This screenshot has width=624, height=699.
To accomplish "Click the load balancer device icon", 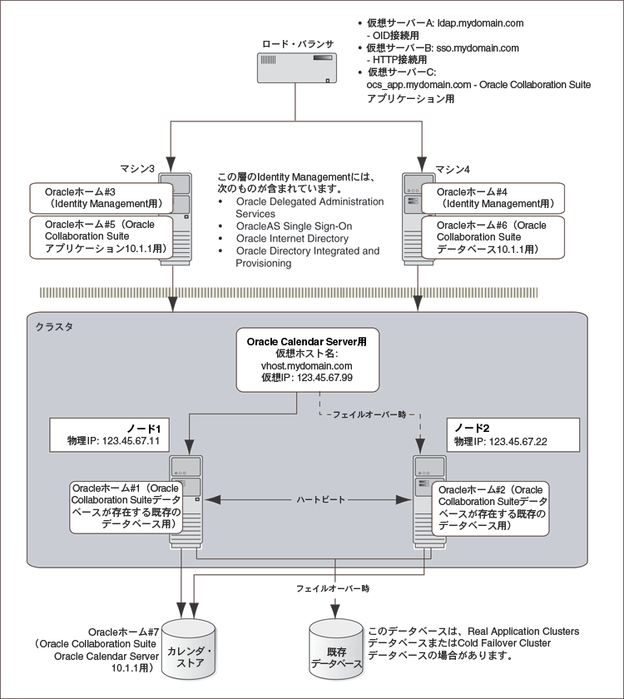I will pos(295,68).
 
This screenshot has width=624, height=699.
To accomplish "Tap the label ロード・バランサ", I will pos(295,43).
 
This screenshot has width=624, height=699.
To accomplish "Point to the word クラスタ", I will pos(53,326).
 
